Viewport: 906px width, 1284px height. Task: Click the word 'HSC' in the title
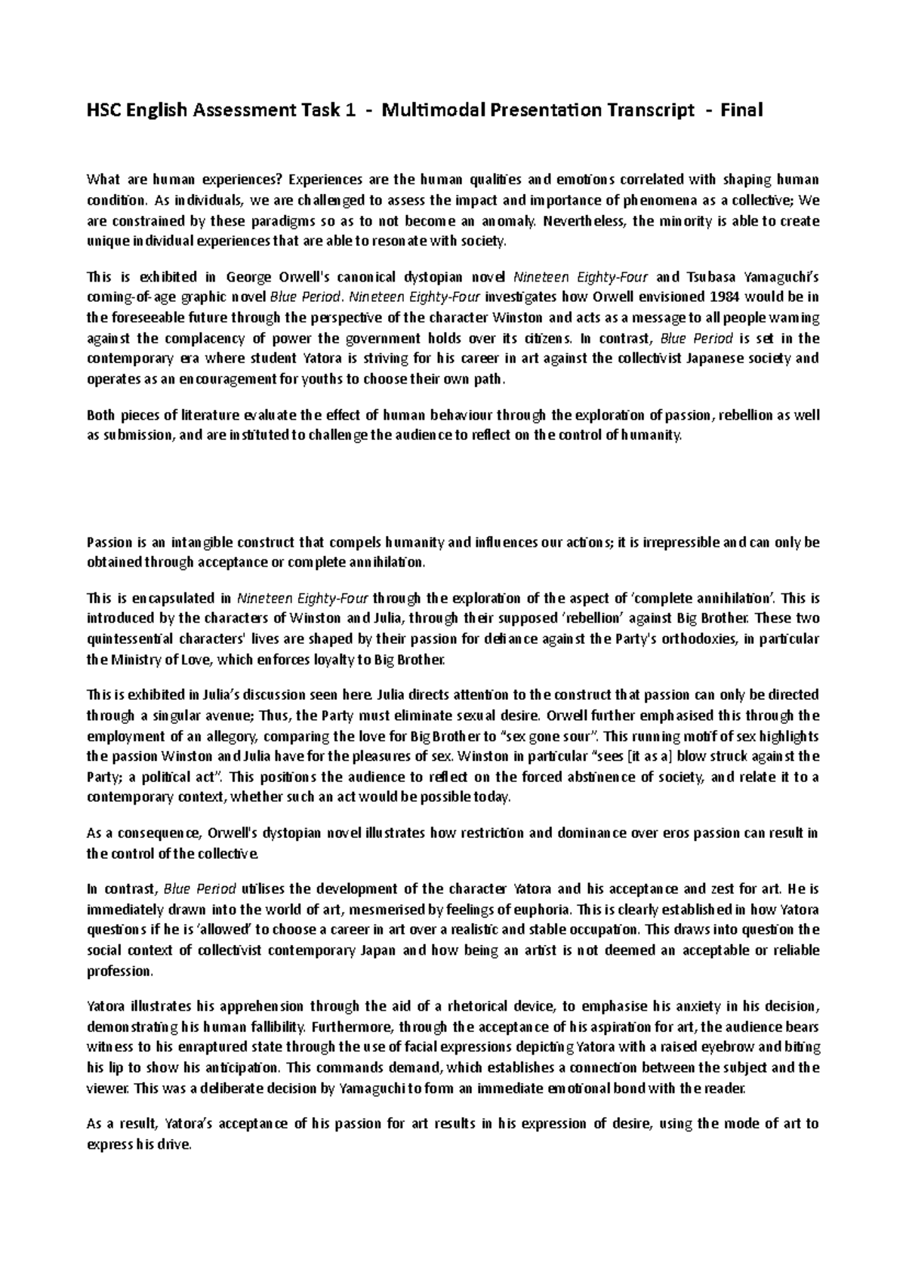[103, 111]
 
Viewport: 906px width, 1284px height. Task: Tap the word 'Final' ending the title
[741, 111]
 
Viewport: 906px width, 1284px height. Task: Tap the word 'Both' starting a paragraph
[100, 415]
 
